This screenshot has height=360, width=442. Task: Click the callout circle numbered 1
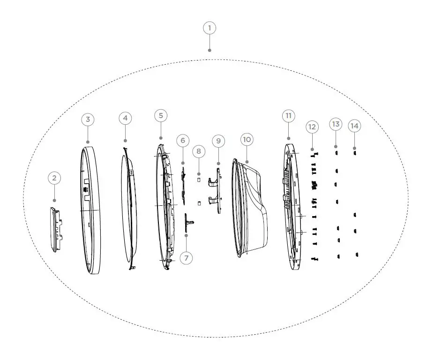[x=210, y=28]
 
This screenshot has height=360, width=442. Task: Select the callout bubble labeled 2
[x=54, y=178]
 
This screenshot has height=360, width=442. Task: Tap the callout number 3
[x=88, y=119]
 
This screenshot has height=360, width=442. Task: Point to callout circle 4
[x=125, y=118]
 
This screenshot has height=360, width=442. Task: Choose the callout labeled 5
[x=161, y=115]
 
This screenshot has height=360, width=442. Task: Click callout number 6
[x=182, y=140]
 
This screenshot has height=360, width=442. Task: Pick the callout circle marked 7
[x=186, y=258]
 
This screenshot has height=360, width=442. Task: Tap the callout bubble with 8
[x=199, y=151]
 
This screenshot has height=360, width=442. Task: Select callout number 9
[x=218, y=140]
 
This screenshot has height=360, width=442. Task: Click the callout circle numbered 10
[x=247, y=140]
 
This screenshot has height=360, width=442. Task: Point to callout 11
[x=288, y=115]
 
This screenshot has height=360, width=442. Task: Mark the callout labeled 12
[x=312, y=127]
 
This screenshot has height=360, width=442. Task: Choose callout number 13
[x=335, y=124]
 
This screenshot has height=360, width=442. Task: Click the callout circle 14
[x=355, y=126]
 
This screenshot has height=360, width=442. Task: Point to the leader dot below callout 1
[x=210, y=50]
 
